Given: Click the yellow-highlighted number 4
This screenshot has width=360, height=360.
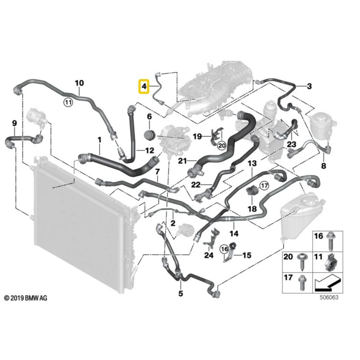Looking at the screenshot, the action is (x=144, y=86).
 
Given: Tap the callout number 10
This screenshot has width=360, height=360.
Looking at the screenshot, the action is (x=79, y=83).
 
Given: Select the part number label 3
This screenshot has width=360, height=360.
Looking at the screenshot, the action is (x=309, y=86).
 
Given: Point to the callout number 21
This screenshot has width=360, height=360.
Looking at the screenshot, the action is (x=183, y=161).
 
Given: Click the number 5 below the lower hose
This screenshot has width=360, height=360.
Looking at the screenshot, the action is (x=181, y=293).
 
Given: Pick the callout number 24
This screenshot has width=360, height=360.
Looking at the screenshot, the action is (x=209, y=255).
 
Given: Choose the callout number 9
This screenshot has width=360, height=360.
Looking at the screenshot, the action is (x=14, y=123).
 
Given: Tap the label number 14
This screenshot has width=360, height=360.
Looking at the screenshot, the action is (x=234, y=233).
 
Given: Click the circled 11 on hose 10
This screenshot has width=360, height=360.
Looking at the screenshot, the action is (x=68, y=102).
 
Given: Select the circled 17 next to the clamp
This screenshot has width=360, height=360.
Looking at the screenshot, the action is (x=264, y=185).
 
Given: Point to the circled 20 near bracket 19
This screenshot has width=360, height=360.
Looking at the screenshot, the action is (x=222, y=146).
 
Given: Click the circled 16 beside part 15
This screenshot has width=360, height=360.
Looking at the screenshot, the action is (x=224, y=249).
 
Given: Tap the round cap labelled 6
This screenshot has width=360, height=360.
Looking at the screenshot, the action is (x=150, y=135).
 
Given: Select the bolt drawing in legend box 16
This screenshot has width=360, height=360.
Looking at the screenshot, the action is (x=330, y=242).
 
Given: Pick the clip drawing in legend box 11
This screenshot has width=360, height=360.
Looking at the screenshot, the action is (x=330, y=262).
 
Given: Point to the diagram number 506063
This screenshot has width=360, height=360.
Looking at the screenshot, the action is (x=329, y=297).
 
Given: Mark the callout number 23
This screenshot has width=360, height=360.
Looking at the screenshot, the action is (x=292, y=145).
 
